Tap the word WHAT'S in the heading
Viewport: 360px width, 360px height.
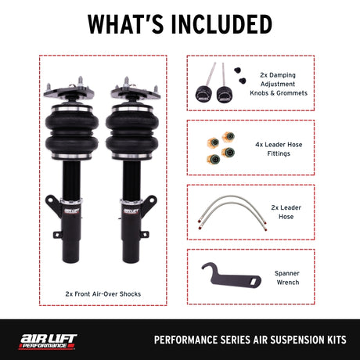click(x=125, y=23)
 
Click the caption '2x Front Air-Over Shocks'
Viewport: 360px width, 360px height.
click(x=103, y=295)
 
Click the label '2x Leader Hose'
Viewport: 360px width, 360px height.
click(x=283, y=211)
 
